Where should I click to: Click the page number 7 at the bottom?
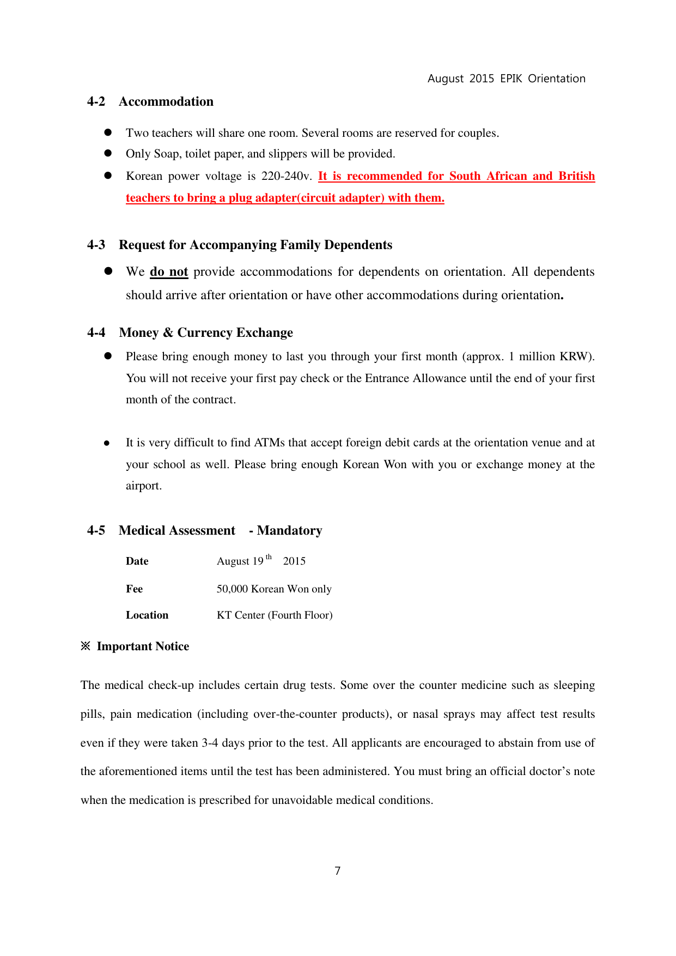pyautogui.click(x=338, y=871)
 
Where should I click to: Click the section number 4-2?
pyautogui.click(x=96, y=102)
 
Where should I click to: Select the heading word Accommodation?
pyautogui.click(x=166, y=102)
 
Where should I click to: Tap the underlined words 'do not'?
pyautogui.click(x=169, y=272)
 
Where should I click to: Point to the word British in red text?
pyautogui.click(x=576, y=176)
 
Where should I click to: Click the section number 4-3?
pyautogui.click(x=96, y=245)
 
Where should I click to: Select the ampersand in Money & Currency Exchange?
pyautogui.click(x=168, y=333)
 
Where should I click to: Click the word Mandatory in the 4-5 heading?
pyautogui.click(x=289, y=531)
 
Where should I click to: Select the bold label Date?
pyautogui.click(x=137, y=561)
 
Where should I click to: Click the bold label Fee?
pyautogui.click(x=134, y=589)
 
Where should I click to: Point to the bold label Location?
pyautogui.click(x=147, y=615)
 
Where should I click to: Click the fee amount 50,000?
pyautogui.click(x=233, y=589)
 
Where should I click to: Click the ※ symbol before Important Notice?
pyautogui.click(x=86, y=646)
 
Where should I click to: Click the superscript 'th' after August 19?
pyautogui.click(x=269, y=557)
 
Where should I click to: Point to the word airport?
pyautogui.click(x=143, y=486)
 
